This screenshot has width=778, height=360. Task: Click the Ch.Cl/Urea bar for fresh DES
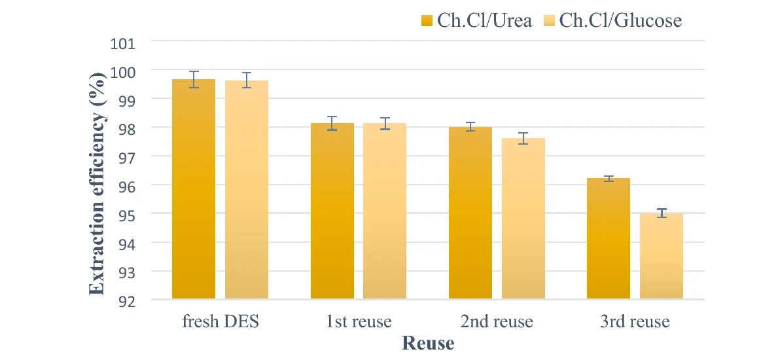(194, 190)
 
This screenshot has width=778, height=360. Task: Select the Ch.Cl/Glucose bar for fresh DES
(247, 190)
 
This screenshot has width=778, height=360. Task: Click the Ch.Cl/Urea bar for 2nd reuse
(470, 213)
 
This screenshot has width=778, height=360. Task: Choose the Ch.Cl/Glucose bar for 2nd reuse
(523, 219)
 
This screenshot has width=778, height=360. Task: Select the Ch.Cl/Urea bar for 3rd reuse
(609, 239)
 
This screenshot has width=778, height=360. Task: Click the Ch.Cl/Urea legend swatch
(427, 21)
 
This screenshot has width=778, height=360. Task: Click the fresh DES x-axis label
(220, 322)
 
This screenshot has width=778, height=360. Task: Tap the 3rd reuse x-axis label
(635, 322)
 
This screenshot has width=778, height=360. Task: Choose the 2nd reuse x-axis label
(497, 322)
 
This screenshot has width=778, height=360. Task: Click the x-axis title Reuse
(428, 342)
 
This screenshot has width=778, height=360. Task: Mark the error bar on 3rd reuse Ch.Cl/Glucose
(661, 213)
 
